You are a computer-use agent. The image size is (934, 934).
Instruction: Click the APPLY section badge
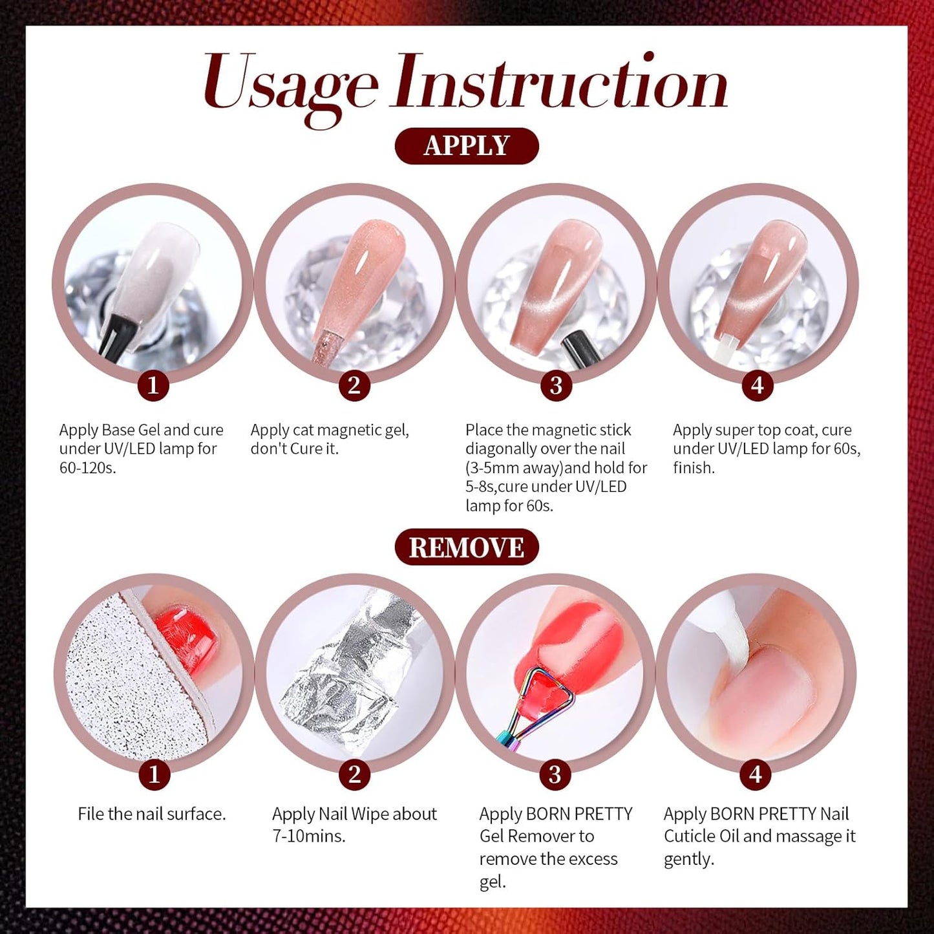coord(466,146)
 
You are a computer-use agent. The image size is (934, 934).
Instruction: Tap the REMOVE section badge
coord(466,547)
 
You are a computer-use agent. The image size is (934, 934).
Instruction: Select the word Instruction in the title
coord(560,83)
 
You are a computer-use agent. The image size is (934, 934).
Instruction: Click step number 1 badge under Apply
coord(153,385)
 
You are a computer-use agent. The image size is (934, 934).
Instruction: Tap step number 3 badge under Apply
coord(555,386)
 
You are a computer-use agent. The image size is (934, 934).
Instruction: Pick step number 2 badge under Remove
coord(354,774)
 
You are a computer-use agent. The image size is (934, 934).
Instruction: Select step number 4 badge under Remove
coord(756,774)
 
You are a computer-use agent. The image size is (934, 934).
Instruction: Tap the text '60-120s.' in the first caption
coord(88,468)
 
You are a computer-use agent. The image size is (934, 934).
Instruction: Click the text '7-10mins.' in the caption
coord(308,836)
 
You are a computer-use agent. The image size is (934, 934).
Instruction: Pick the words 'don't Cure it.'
coord(294,449)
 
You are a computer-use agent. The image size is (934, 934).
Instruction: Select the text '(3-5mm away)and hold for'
coord(556,467)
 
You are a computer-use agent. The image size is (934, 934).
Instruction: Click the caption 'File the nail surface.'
coord(152,814)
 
